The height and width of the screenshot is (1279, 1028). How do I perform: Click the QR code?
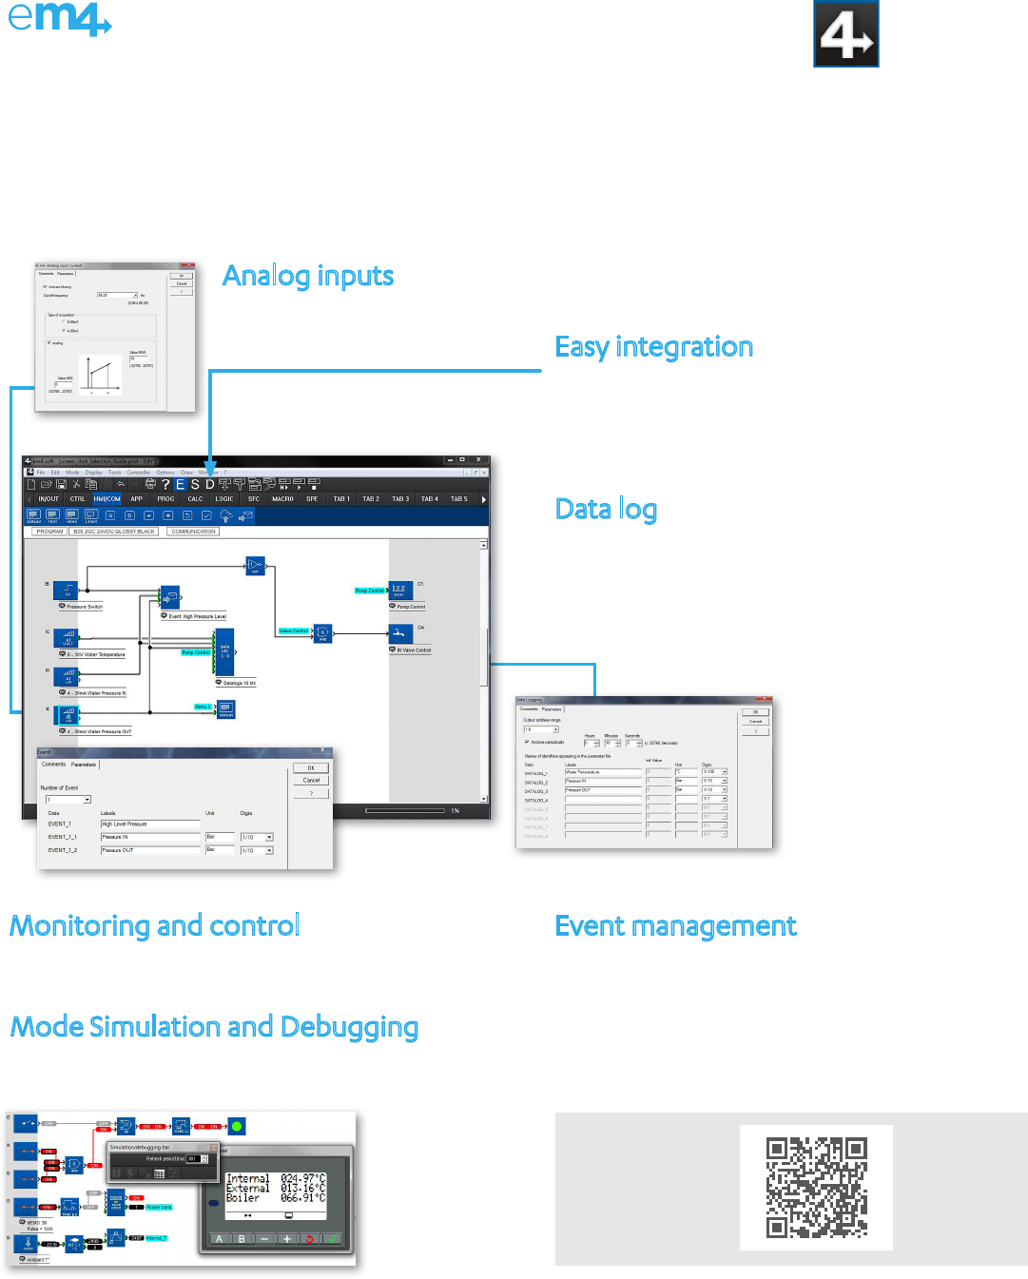[x=816, y=1187]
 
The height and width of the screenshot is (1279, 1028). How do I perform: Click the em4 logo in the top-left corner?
[x=59, y=18]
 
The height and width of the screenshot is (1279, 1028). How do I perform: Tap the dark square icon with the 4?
[x=846, y=34]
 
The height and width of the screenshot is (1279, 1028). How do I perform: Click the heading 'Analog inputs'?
[x=308, y=276]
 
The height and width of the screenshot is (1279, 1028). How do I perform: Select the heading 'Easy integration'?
[x=653, y=347]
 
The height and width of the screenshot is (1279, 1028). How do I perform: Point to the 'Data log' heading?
[x=606, y=510]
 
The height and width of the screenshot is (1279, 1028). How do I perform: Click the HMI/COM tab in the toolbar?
[x=107, y=498]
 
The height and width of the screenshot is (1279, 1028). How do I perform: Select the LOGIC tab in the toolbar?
[x=224, y=498]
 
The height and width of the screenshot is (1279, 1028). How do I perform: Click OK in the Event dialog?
[x=311, y=767]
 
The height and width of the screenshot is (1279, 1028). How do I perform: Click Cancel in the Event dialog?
[x=311, y=780]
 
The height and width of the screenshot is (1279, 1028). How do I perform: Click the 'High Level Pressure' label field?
[x=149, y=824]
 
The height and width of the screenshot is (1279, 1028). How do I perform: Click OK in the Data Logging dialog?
[x=756, y=711]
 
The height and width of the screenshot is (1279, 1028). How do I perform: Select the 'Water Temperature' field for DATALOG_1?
[x=602, y=772]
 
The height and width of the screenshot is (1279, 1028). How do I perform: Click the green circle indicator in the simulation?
[x=237, y=1126]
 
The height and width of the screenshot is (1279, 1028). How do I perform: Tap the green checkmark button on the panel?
[x=332, y=1238]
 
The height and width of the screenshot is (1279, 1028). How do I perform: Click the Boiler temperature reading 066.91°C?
[x=302, y=1198]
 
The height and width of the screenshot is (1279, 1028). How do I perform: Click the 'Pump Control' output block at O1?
[x=399, y=591]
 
